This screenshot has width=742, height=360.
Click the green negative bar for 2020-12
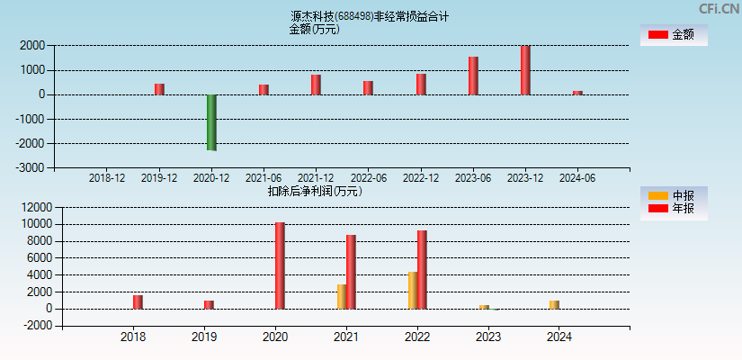click(x=211, y=122)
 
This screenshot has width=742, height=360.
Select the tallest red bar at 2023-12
click(x=525, y=70)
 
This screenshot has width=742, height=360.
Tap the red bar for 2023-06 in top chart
click(x=473, y=76)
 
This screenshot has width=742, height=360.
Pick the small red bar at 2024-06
click(x=577, y=92)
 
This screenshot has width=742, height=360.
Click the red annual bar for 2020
click(x=280, y=265)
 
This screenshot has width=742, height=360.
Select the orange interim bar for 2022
click(x=412, y=290)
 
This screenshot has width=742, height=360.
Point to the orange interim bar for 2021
click(x=342, y=296)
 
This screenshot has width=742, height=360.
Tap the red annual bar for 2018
click(x=138, y=301)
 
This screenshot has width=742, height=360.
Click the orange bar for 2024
click(x=554, y=304)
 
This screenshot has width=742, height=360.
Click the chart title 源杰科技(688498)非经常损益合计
click(x=370, y=16)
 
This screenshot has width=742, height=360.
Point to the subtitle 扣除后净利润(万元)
click(x=315, y=191)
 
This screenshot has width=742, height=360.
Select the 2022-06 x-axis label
click(x=368, y=178)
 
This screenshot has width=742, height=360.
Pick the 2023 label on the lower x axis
click(x=488, y=337)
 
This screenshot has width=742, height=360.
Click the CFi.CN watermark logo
click(x=719, y=9)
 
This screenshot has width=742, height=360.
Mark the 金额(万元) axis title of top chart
click(x=314, y=29)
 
